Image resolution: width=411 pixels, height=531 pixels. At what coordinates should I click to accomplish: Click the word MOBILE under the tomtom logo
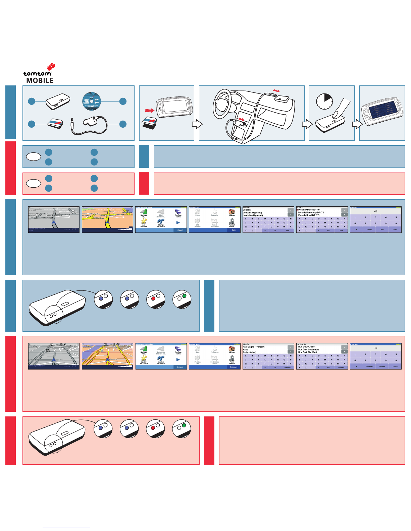40,80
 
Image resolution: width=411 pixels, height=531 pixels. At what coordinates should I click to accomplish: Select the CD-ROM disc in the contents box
91,101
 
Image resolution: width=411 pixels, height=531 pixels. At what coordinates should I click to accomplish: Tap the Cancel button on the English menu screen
180,230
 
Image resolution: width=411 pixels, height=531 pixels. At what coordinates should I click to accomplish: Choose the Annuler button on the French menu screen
180,367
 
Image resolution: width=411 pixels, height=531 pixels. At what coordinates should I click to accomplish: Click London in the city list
247,210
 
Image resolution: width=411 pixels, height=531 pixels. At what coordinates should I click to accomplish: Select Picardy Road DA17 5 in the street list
309,215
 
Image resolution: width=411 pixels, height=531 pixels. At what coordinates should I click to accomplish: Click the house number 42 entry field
376,211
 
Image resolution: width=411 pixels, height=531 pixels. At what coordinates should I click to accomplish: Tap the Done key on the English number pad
395,229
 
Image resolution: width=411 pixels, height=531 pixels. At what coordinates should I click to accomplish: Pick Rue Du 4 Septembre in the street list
309,349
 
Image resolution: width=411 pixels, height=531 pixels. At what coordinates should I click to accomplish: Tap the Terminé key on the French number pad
395,367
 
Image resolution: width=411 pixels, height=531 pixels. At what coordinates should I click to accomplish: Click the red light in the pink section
153,428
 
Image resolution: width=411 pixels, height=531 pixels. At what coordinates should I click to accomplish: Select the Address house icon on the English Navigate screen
232,212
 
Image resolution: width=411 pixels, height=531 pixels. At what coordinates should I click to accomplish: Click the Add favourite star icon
144,222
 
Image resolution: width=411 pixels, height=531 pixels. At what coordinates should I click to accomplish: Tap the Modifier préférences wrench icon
161,358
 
